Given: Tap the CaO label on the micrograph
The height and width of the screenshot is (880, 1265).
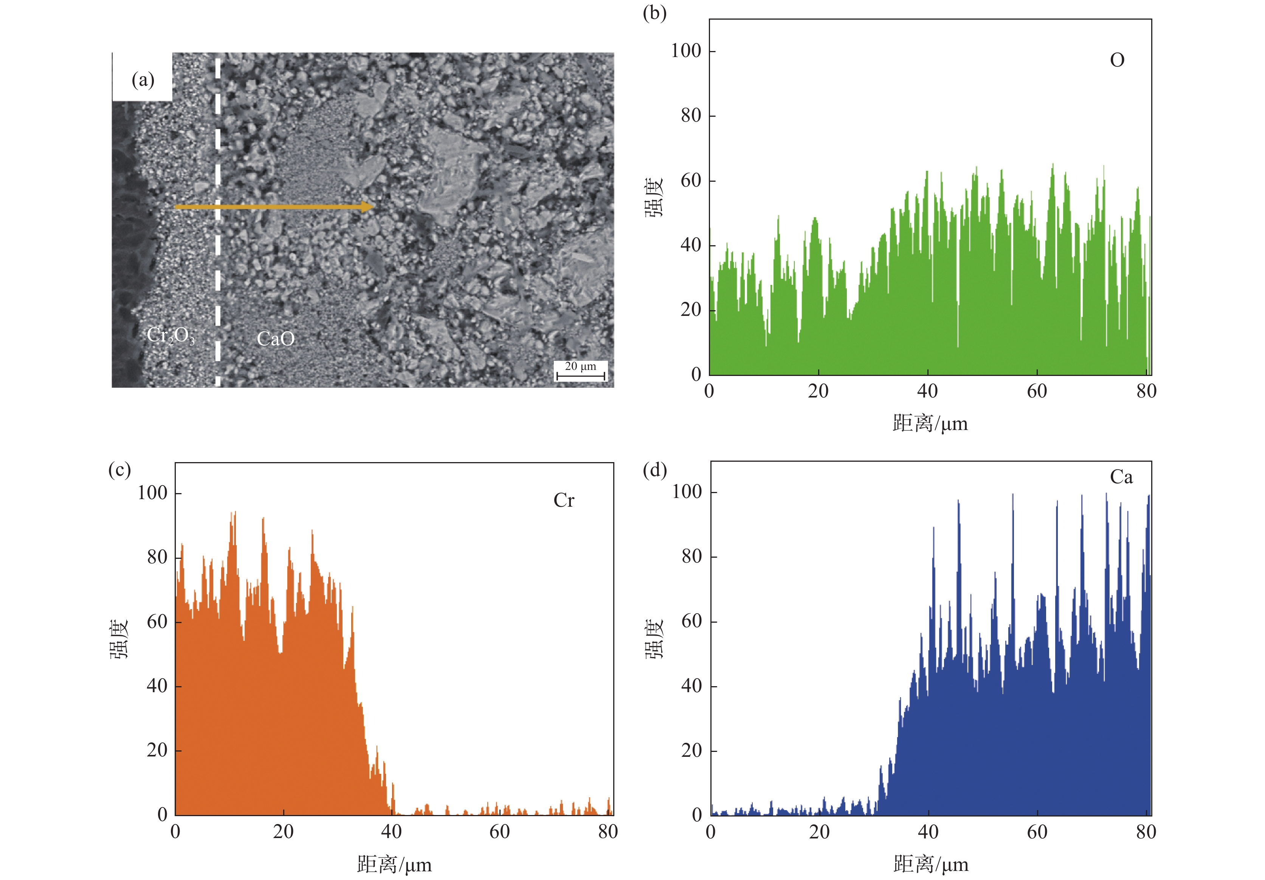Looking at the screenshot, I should (276, 339).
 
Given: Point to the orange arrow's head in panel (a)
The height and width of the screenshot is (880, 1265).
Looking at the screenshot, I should (368, 207).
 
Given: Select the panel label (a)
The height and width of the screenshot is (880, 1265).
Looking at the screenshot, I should (143, 80).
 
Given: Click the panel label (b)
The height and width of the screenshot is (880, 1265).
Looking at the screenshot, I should (654, 13).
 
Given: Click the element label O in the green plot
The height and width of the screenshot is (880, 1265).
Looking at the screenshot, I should (1117, 60).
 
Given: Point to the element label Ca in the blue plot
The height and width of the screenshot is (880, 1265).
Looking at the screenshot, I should (1121, 477).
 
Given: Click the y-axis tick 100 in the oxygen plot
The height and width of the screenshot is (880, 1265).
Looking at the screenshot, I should (685, 51).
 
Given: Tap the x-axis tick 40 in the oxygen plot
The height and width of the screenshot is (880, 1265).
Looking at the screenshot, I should (927, 391).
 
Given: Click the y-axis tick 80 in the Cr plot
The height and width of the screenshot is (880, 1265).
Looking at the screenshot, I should (157, 557).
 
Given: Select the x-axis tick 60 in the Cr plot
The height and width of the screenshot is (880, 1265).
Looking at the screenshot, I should (500, 832).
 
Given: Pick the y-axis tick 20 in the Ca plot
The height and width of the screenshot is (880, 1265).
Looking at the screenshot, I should (691, 750).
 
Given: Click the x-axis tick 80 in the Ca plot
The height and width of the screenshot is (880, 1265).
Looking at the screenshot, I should (1146, 832).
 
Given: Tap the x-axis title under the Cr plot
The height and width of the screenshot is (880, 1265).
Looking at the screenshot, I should (394, 865).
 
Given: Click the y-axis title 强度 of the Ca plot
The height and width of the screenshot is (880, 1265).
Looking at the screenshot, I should (654, 639).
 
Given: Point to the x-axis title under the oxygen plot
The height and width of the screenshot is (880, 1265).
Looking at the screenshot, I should (930, 424).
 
